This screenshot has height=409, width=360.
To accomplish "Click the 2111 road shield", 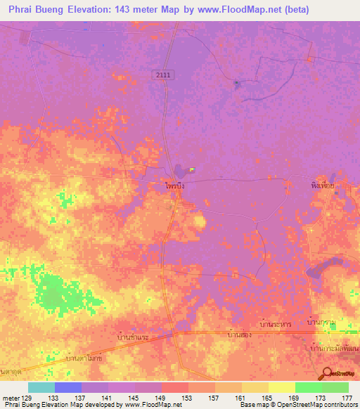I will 163,74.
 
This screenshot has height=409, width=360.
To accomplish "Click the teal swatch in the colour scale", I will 41,387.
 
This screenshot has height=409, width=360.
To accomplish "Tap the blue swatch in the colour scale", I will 68,387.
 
